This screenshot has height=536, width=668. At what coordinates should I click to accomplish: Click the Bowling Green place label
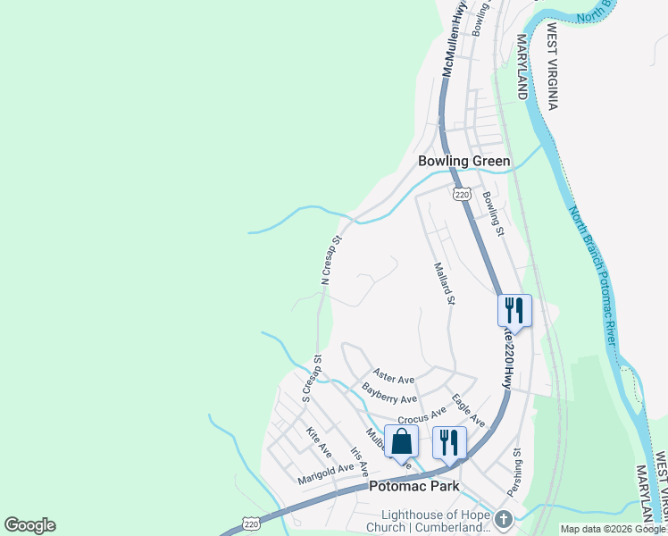click(464, 162)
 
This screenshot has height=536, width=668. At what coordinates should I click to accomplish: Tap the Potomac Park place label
click(414, 487)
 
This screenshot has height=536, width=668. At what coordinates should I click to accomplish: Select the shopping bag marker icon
click(401, 440)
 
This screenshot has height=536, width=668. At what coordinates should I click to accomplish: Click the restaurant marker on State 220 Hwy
click(514, 310)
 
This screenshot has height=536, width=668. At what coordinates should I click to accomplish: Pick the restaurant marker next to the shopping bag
click(449, 441)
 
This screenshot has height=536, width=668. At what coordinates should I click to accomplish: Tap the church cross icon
click(504, 519)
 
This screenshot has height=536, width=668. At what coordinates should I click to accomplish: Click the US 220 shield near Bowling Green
click(461, 194)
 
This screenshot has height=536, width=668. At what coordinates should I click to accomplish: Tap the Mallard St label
click(444, 282)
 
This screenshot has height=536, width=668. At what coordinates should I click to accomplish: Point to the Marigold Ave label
click(326, 474)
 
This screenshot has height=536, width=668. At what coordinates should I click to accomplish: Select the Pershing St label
click(515, 474)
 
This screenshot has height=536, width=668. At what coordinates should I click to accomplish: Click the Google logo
click(29, 525)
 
